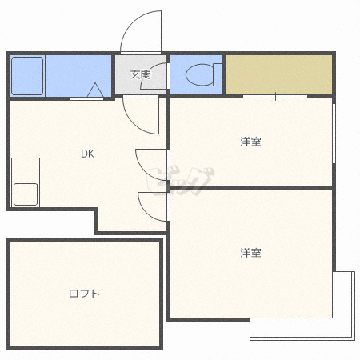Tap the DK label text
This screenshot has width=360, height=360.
point(86,154)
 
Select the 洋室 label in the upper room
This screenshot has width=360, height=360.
point(250,142)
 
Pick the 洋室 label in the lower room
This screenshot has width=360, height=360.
point(250,253)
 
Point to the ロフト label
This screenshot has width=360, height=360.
point(84,294)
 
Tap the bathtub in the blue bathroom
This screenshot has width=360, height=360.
point(26,75)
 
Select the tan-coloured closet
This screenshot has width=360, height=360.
point(278,74)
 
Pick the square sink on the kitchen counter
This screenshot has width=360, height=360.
point(25,194)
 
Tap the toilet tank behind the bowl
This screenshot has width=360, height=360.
point(217,74)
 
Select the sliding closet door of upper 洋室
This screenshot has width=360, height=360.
point(274,96)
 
